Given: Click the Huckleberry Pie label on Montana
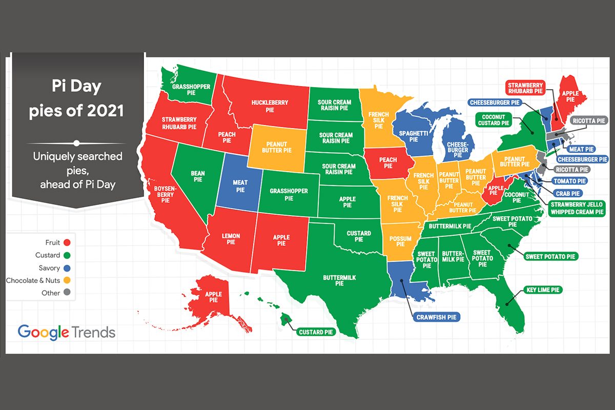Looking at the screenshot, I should pyautogui.click(x=270, y=106).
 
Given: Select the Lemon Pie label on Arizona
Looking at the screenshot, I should pyautogui.click(x=231, y=238).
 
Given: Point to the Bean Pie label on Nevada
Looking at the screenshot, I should pyautogui.click(x=198, y=177).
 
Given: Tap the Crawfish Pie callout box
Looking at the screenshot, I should pyautogui.click(x=435, y=317).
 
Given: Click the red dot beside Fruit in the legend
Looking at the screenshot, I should pyautogui.click(x=67, y=242).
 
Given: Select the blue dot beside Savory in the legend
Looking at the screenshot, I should pyautogui.click(x=67, y=268).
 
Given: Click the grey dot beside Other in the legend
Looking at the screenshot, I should pyautogui.click(x=67, y=293).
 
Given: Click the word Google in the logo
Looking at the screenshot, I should pyautogui.click(x=44, y=332).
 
